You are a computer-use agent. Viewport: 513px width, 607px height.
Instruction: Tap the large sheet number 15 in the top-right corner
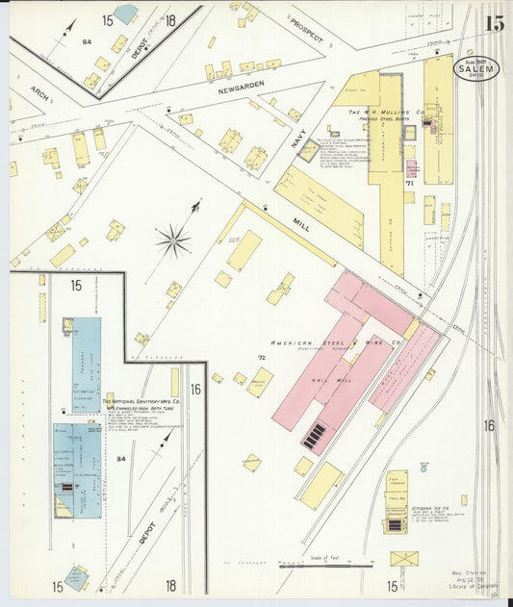click(x=494, y=23)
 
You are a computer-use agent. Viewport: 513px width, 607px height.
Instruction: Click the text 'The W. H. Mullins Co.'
click(x=387, y=112)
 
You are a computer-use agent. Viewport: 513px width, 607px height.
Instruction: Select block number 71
click(x=410, y=182)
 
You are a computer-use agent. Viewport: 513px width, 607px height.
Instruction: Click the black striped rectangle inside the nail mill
click(x=315, y=437)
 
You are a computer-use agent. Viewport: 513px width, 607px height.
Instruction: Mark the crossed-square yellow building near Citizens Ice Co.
click(x=403, y=558)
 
